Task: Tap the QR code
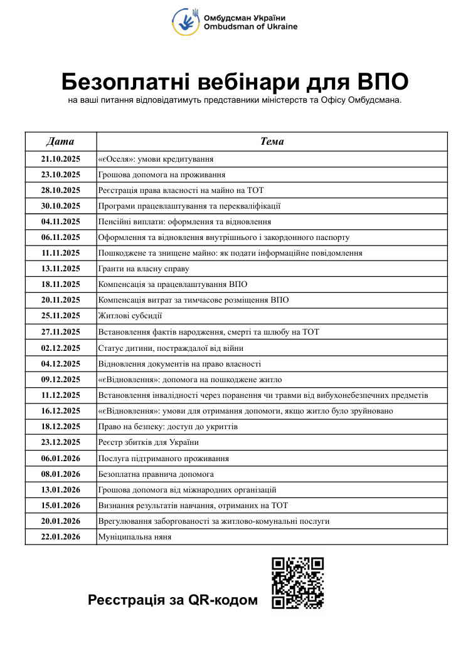click(297, 582)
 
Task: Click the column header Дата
click(61, 141)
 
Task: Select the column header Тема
click(272, 141)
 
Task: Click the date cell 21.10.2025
click(61, 159)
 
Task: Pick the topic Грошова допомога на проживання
click(162, 174)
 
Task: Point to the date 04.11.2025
click(61, 221)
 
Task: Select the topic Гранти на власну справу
click(144, 269)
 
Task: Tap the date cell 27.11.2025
click(61, 331)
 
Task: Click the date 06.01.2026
click(61, 458)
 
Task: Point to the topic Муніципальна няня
click(135, 537)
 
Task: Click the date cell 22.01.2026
click(61, 537)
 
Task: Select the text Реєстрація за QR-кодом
click(173, 600)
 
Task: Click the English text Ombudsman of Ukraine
click(250, 27)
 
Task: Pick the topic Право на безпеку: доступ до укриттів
click(168, 427)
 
